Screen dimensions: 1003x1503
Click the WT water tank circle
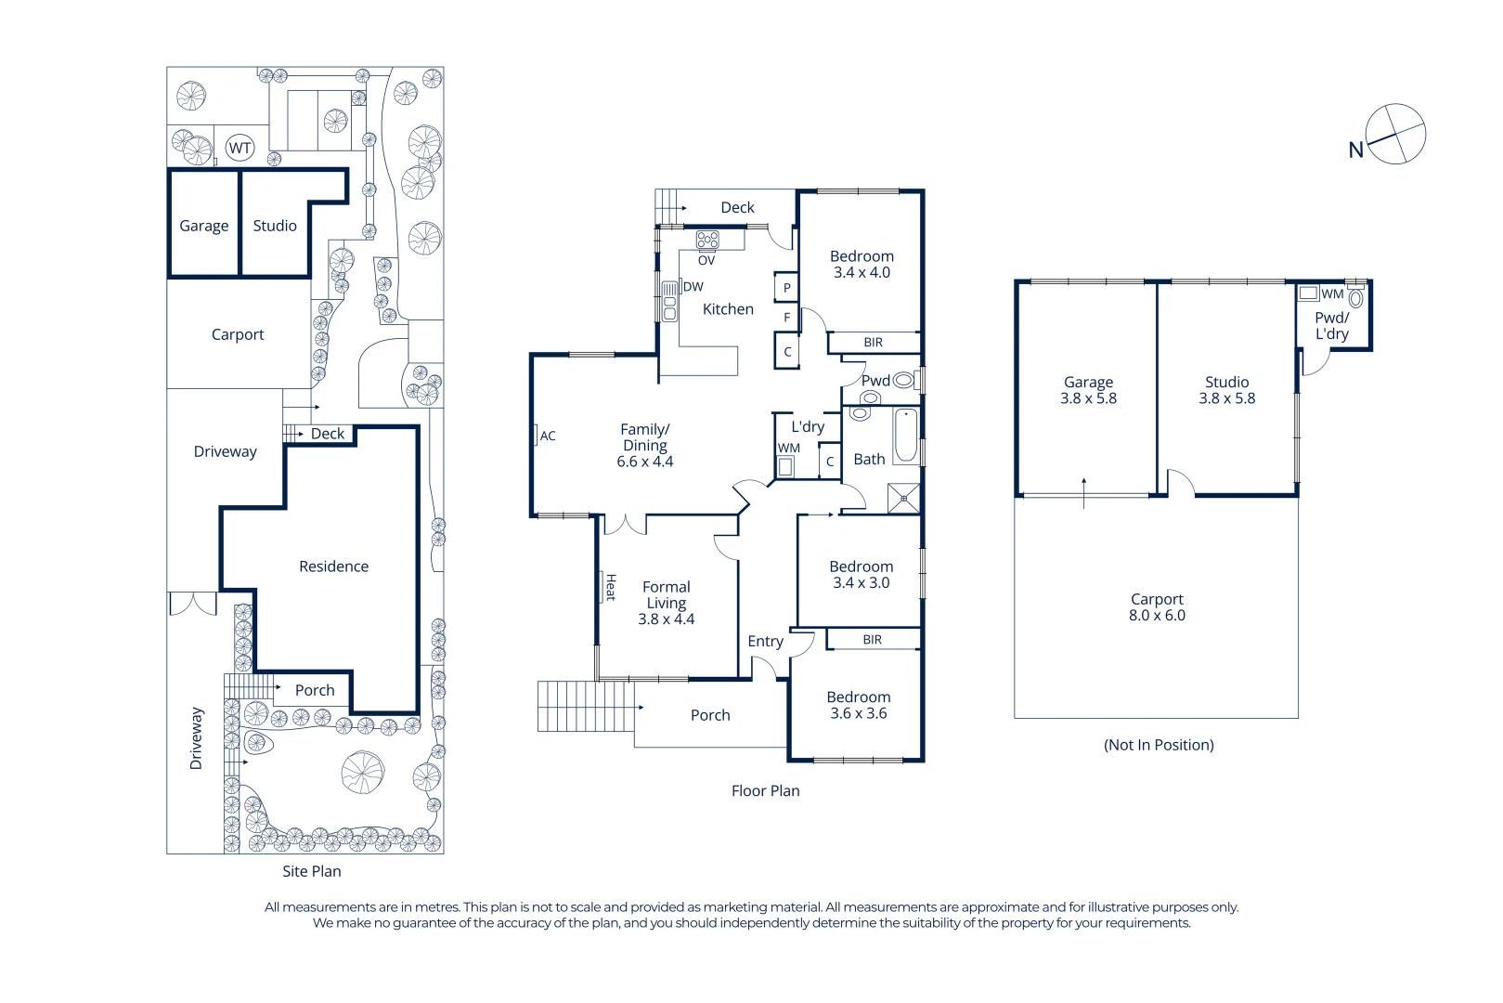tap(240, 148)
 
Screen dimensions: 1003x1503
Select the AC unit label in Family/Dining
tap(547, 436)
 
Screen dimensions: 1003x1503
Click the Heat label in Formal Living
tap(610, 586)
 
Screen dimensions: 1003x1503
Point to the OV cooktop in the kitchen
tap(707, 241)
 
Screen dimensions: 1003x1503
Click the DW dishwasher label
tap(693, 287)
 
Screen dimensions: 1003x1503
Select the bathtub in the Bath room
tap(905, 436)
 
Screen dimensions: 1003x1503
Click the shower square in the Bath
tap(903, 499)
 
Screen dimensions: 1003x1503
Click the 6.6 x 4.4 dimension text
tap(645, 462)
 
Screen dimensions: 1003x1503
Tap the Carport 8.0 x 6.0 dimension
tap(1157, 616)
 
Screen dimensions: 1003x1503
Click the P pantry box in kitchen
tap(786, 288)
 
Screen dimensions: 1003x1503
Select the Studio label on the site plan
tap(275, 226)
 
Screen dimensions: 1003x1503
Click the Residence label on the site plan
tap(333, 567)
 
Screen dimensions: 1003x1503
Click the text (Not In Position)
tap(1159, 745)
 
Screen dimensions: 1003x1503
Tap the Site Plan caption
tap(312, 871)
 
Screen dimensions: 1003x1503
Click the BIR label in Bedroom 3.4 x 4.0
tap(873, 343)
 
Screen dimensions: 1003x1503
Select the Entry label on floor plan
tap(765, 642)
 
